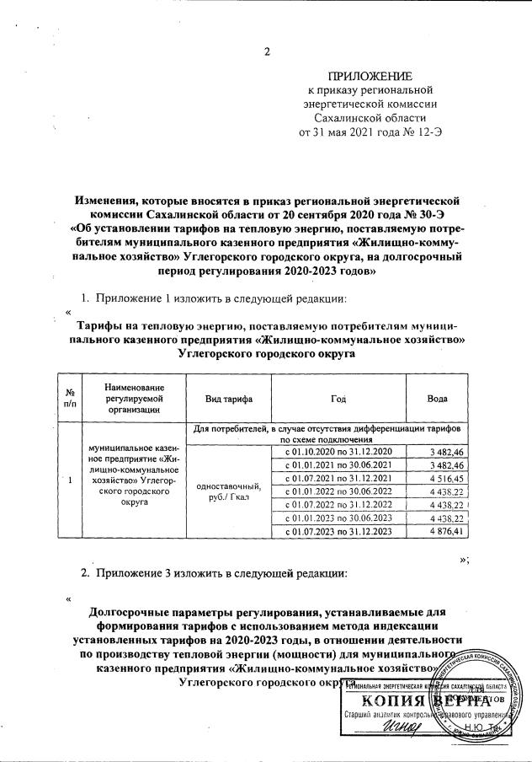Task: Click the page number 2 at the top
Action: pos(267,53)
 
